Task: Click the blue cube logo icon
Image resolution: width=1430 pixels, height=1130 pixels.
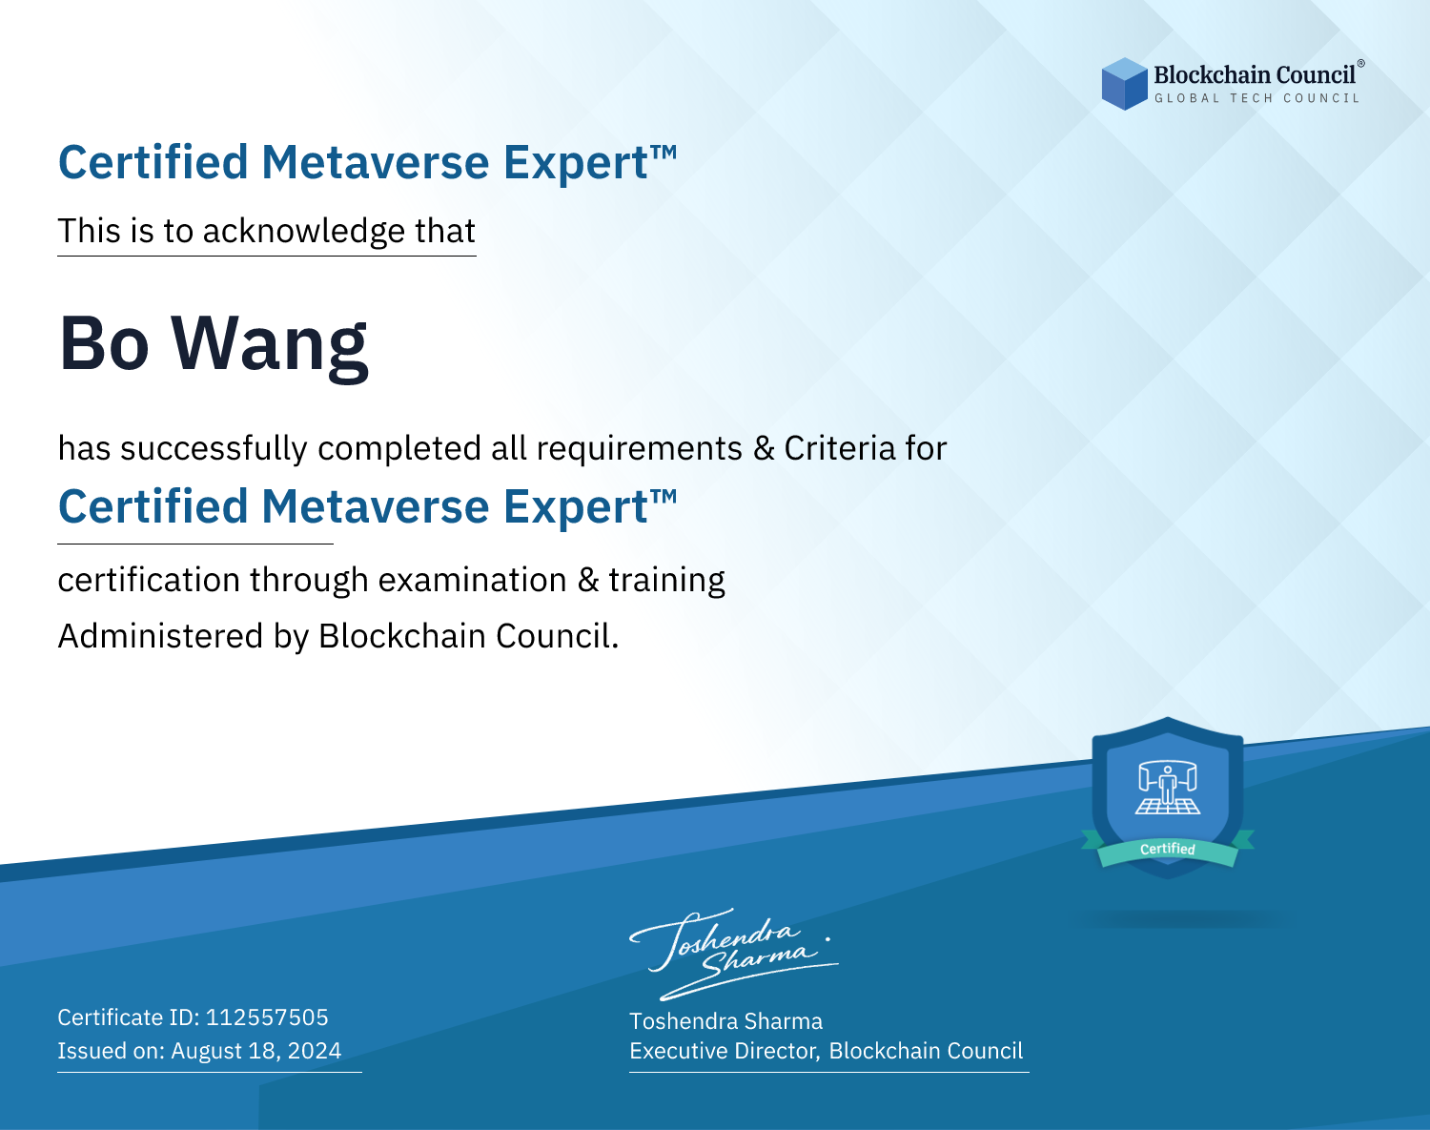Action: [x=1124, y=84]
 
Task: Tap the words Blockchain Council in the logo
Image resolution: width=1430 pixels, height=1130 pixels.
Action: [x=1255, y=75]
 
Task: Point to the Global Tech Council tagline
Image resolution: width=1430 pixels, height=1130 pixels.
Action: [x=1256, y=98]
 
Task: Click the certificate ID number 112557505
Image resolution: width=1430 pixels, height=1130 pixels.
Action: [x=267, y=1017]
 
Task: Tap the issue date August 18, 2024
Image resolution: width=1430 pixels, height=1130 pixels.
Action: [x=255, y=1051]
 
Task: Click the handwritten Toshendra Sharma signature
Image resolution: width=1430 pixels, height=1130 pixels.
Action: [x=734, y=954]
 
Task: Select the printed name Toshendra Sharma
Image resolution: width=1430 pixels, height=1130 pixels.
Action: [x=725, y=1021]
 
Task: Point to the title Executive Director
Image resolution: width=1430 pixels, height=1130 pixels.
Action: [x=724, y=1051]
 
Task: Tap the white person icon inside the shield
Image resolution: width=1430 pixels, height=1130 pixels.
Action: [x=1168, y=787]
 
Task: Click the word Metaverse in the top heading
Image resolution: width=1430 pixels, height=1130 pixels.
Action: [x=376, y=162]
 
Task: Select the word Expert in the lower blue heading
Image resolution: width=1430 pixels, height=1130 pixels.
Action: [x=576, y=508]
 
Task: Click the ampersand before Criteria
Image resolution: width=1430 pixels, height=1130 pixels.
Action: [x=764, y=448]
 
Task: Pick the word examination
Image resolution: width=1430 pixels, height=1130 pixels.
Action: [x=472, y=580]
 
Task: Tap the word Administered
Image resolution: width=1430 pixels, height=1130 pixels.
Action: [x=160, y=636]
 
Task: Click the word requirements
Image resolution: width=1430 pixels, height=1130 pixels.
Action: [x=640, y=449]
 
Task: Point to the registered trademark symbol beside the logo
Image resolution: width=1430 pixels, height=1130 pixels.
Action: [x=1361, y=63]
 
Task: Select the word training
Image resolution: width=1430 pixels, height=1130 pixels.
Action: [x=666, y=581]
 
